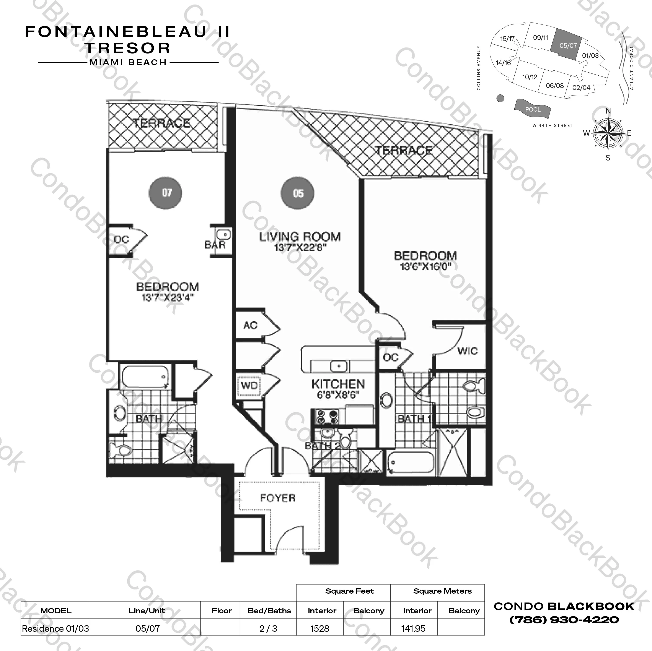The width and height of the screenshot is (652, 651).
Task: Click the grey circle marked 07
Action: (165, 193)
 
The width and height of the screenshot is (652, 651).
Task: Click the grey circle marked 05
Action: (297, 193)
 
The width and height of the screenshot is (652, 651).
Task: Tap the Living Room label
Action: (300, 236)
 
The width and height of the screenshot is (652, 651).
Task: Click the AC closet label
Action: (250, 325)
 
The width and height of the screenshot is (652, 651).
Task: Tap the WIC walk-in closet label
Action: (467, 351)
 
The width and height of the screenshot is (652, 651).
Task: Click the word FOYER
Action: (278, 498)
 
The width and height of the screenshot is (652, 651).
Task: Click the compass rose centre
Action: (608, 134)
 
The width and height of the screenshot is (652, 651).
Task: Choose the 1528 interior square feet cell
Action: (320, 628)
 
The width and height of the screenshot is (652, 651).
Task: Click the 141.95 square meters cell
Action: (413, 628)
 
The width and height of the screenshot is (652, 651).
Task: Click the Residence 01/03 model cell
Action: (55, 628)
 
